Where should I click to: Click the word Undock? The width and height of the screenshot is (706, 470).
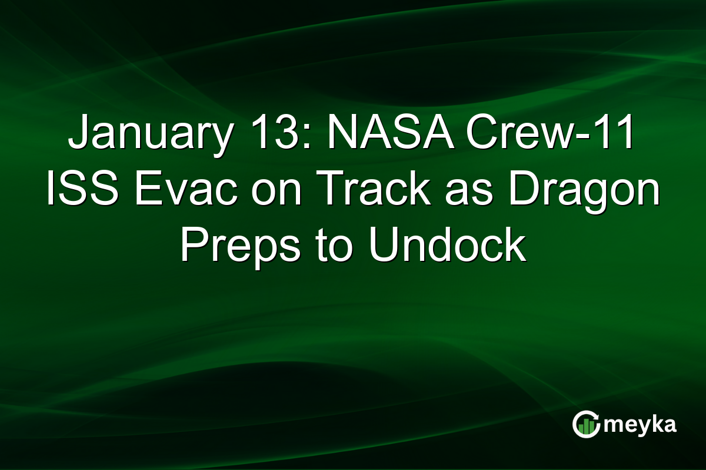(447, 247)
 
